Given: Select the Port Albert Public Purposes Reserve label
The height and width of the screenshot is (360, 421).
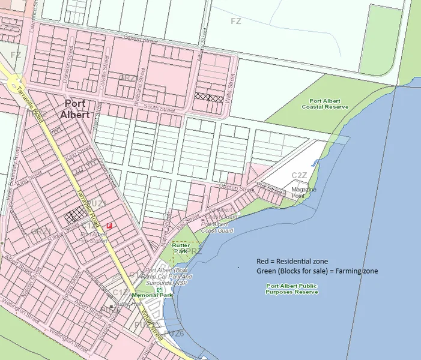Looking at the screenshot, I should pos(292,289).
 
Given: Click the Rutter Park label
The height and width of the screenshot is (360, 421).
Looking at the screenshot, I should pos(181,248).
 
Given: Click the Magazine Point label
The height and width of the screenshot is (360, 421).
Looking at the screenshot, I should pos(304,192).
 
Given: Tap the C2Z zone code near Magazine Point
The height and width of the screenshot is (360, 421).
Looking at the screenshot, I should pos(299,175).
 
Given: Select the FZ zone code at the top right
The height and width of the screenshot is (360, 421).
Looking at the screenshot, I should pos(236,21).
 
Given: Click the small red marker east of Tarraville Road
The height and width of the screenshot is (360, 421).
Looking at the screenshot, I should pos(109,224).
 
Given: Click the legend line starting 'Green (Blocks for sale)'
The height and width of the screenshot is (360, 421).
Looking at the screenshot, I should pos(317,271).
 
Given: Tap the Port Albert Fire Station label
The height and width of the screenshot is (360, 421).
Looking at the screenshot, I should pos(93,237).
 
